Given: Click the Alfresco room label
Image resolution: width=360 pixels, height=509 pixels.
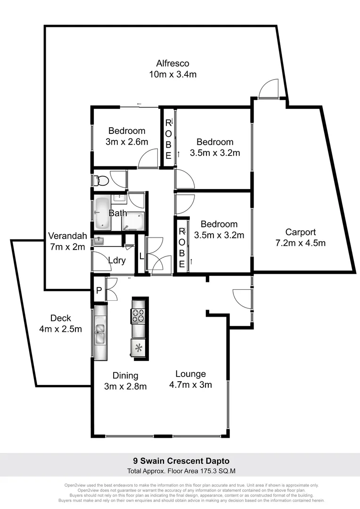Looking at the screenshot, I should click(172, 63).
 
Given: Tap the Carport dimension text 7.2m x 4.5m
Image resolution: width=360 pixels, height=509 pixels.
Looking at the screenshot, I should click(300, 243).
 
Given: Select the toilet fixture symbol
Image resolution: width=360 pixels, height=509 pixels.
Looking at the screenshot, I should click(101, 180).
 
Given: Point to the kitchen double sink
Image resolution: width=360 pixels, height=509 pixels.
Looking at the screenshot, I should click(101, 332).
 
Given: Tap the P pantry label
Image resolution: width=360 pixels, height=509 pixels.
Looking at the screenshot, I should click(98, 291).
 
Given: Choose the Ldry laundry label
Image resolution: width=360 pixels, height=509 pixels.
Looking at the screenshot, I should click(116, 260).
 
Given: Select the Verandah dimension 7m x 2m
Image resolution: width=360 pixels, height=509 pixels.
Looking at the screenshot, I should click(67, 246).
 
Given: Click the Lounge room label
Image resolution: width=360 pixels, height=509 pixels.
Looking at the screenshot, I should click(190, 374).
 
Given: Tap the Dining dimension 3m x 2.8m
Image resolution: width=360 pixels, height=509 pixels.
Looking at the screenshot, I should click(125, 386).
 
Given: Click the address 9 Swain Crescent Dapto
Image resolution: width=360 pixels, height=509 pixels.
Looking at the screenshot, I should click(180, 460).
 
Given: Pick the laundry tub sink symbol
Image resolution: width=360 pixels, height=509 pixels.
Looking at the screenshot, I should click(98, 241).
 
